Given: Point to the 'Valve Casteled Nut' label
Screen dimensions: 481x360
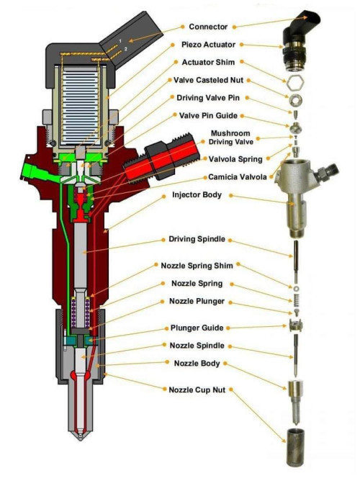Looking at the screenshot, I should pos(213,80).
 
